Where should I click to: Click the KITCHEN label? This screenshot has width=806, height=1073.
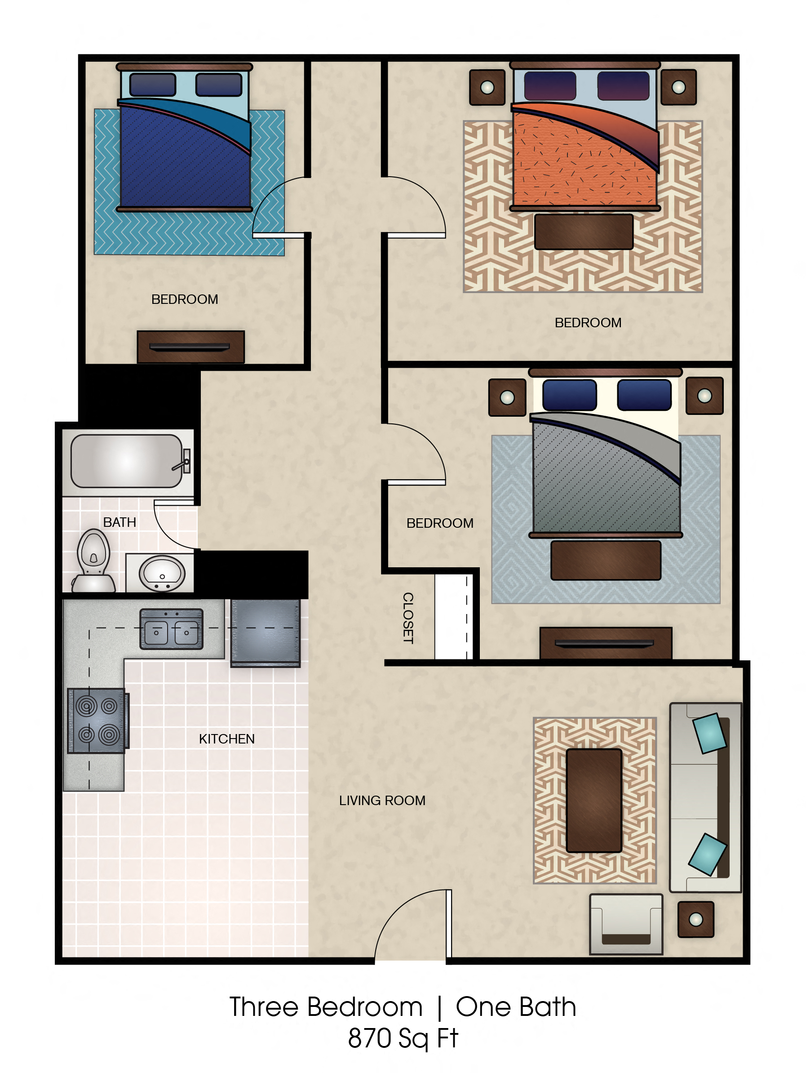tap(226, 739)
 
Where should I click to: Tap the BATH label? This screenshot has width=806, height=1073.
tap(120, 522)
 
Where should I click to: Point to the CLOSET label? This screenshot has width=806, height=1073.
tap(408, 618)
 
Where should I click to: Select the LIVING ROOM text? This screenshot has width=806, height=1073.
tap(382, 801)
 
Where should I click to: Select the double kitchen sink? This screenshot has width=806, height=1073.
tap(171, 629)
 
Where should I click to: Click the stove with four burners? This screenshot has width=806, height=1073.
tap(97, 720)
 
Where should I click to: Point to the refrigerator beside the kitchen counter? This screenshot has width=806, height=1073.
tap(265, 632)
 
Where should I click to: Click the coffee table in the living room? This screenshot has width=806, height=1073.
tap(593, 801)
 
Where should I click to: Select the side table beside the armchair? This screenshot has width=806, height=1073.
tap(695, 919)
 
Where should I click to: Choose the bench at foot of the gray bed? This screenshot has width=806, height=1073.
tap(605, 560)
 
